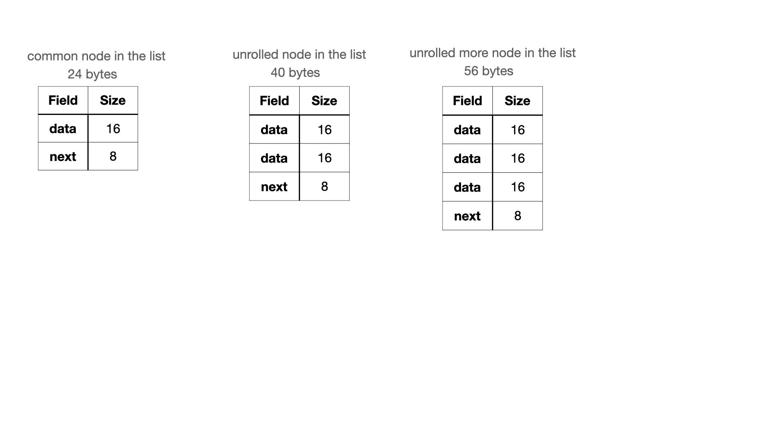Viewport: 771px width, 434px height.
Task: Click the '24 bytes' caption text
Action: (92, 74)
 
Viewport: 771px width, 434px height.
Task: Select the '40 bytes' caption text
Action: (295, 73)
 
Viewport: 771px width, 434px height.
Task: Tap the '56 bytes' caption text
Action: (488, 71)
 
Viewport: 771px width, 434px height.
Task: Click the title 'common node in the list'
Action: (96, 56)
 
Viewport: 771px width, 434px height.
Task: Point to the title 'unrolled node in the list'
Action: (299, 54)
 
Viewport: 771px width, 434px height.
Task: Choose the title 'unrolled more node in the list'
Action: (493, 53)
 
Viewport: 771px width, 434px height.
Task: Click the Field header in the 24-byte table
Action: (63, 100)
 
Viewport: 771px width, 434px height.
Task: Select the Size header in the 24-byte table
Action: (113, 100)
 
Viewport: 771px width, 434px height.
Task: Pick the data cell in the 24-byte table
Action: (63, 129)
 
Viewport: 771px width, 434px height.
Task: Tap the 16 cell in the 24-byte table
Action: (113, 129)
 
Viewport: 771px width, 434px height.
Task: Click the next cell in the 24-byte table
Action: (63, 156)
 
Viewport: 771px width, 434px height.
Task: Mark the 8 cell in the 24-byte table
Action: (113, 156)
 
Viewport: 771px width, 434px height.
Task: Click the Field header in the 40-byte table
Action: (274, 101)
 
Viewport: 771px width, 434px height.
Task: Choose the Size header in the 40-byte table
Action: (324, 101)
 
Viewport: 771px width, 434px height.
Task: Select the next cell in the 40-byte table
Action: (274, 186)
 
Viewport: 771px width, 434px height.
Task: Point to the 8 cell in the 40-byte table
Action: (324, 186)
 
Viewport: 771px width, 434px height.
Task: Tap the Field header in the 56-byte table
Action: (467, 101)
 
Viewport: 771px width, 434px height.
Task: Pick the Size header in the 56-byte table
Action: (518, 101)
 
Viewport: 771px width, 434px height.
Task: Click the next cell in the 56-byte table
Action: (467, 216)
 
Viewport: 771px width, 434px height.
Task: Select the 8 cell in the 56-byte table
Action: (518, 216)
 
